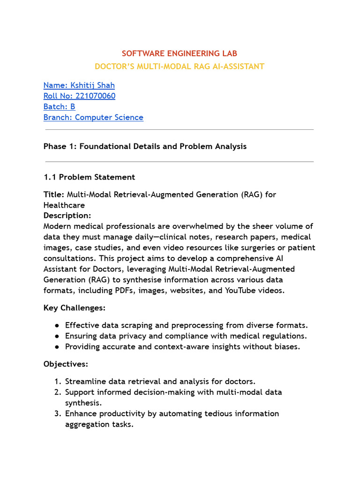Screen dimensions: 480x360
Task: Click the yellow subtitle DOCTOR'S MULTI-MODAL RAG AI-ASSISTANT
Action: click(x=180, y=67)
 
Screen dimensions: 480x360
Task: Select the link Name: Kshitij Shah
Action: click(x=79, y=85)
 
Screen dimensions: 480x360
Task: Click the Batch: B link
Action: click(x=59, y=106)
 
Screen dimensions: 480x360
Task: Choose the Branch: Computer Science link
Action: click(x=93, y=117)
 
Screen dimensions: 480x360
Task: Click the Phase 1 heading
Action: click(x=145, y=146)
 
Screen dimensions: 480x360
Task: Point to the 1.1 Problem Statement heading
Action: click(x=89, y=177)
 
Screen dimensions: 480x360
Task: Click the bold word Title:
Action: click(x=54, y=195)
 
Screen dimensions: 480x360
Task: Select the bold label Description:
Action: click(x=67, y=216)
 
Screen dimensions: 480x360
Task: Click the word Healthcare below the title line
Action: click(x=64, y=205)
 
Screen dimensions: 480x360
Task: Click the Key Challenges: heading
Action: click(x=74, y=308)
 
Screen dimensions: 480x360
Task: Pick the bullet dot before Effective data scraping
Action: click(x=57, y=325)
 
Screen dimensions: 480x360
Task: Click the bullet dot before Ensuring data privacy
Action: click(x=57, y=336)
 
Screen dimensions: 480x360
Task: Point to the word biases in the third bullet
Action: click(x=286, y=347)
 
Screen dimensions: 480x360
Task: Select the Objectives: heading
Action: click(x=66, y=364)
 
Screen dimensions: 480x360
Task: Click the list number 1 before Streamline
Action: click(x=57, y=382)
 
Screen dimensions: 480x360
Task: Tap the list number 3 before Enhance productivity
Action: click(x=57, y=413)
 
